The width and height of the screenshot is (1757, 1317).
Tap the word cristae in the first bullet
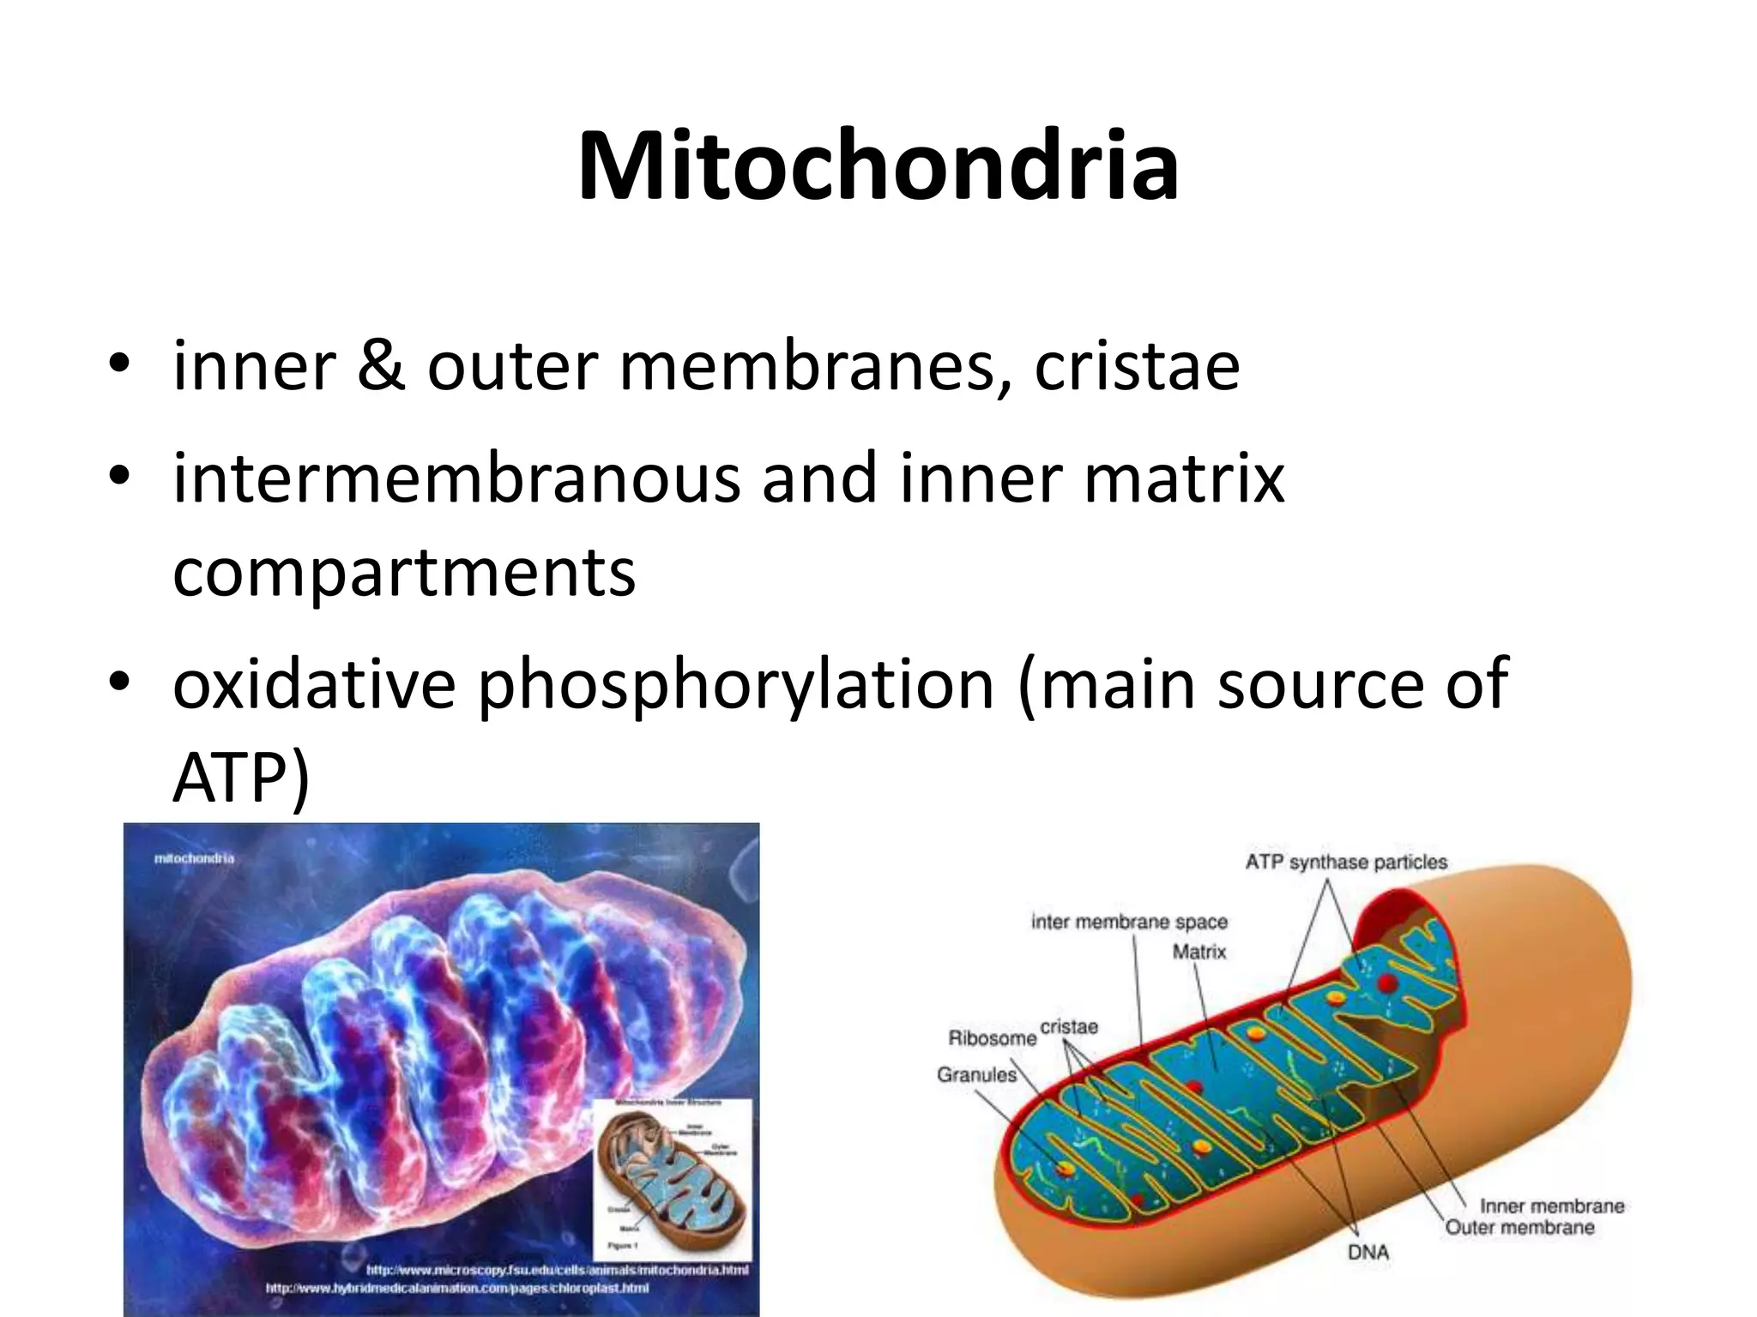pyautogui.click(x=1137, y=367)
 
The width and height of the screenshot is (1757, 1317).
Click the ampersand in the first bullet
pyautogui.click(x=381, y=367)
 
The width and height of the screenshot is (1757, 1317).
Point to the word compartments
pyautogui.click(x=404, y=573)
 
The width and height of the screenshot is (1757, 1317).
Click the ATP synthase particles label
pyautogui.click(x=1346, y=862)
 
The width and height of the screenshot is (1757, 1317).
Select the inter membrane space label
pyautogui.click(x=1129, y=922)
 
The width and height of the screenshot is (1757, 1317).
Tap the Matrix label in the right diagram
pyautogui.click(x=1199, y=952)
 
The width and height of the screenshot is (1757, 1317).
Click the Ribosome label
pyautogui.click(x=992, y=1038)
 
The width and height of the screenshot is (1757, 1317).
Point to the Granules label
pyautogui.click(x=976, y=1074)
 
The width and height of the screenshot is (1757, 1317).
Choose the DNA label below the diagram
pyautogui.click(x=1368, y=1252)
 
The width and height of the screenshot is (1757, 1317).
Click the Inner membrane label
pyautogui.click(x=1552, y=1206)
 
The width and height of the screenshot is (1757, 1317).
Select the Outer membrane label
pyautogui.click(x=1519, y=1227)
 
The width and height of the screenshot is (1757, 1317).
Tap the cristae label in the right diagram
pyautogui.click(x=1069, y=1026)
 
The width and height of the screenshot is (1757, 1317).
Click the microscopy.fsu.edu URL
pyautogui.click(x=558, y=1270)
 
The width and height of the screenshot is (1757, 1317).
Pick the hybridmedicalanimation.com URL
pyautogui.click(x=456, y=1288)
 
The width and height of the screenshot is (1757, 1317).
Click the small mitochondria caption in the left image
pyautogui.click(x=194, y=857)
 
